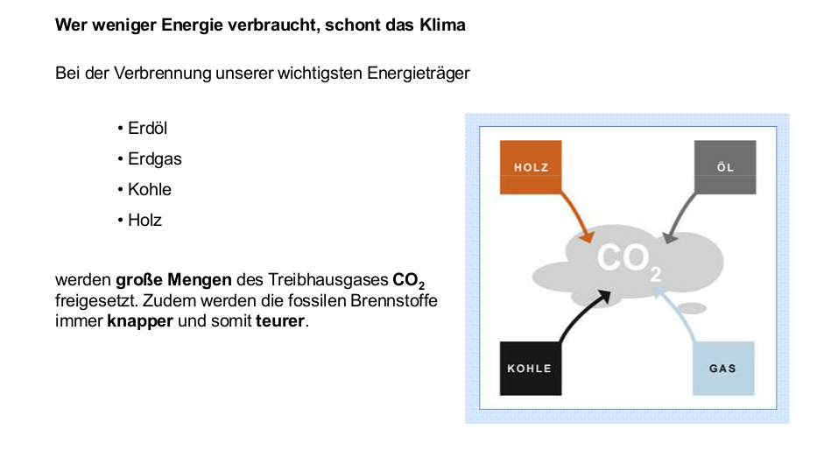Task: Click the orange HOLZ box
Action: (531, 167)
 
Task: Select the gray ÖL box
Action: (725, 167)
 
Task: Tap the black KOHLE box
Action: (531, 369)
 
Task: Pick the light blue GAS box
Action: (723, 369)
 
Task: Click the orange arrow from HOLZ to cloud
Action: (578, 215)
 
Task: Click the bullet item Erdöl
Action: (142, 128)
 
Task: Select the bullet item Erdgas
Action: (150, 159)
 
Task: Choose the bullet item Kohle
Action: (144, 190)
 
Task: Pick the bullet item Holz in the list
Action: (139, 221)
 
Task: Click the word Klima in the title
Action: (442, 25)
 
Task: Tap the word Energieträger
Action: (418, 74)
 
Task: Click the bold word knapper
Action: (139, 321)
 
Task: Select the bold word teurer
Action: (280, 321)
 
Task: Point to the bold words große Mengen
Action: (173, 280)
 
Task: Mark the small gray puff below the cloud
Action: (690, 308)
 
